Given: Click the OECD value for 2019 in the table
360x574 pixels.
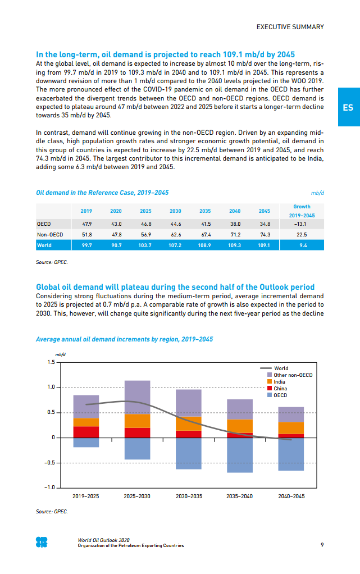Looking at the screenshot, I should (x=86, y=224).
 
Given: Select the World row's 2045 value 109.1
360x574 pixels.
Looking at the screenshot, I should (x=264, y=245).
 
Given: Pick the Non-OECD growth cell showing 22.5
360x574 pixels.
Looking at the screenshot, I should (x=302, y=235).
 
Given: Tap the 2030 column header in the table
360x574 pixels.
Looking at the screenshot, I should (x=175, y=211).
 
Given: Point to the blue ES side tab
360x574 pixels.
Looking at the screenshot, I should (x=348, y=107).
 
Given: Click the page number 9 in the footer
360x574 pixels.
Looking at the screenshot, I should (x=322, y=545).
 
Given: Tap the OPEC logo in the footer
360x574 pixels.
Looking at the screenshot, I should (x=42, y=542).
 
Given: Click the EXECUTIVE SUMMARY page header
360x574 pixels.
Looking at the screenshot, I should (x=290, y=27).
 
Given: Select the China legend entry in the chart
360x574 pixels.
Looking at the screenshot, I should (x=280, y=389).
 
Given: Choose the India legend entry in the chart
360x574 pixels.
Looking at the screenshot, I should (x=279, y=382).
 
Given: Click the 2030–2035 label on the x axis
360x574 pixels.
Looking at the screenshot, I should (x=189, y=496).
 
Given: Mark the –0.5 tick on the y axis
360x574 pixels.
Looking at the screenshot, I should (x=49, y=463).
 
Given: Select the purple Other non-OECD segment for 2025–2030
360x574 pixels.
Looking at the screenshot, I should (x=137, y=397).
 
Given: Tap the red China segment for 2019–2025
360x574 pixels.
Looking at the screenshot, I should (x=86, y=432).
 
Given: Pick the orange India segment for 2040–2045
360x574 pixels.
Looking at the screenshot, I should (x=291, y=428).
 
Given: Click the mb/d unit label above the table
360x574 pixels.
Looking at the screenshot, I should (x=318, y=193).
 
